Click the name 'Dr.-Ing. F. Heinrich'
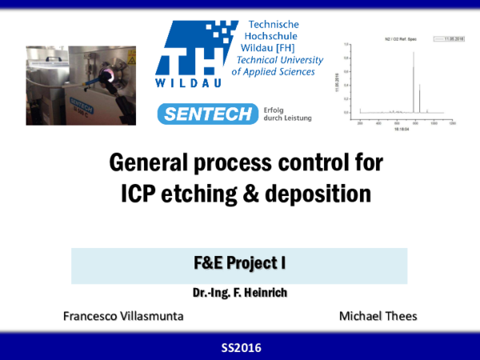239,292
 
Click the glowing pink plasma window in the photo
108,78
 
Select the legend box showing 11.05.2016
441,37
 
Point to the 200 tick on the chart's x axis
361,123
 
